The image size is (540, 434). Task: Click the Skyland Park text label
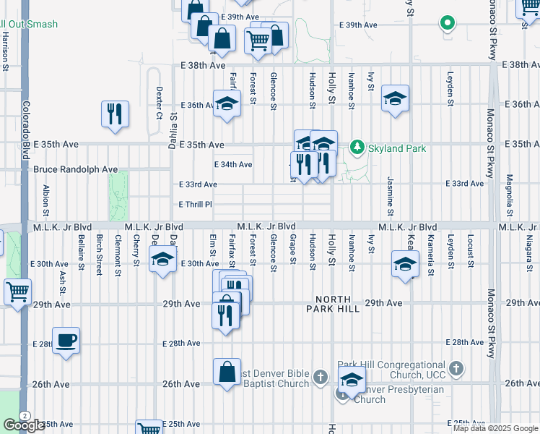396,148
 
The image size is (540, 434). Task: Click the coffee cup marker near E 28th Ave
66,340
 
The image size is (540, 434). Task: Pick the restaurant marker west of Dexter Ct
116,114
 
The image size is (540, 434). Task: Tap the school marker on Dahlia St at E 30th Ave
163,259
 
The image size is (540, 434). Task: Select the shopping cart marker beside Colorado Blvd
17,292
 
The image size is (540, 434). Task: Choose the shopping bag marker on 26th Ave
227,372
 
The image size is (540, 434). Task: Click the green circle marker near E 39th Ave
448,22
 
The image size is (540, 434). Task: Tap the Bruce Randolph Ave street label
75,169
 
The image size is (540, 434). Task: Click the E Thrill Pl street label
196,205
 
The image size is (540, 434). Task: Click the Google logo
24,425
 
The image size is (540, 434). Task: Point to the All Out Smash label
29,25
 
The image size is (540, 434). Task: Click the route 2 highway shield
25,416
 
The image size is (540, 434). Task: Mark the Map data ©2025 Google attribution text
495,428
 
